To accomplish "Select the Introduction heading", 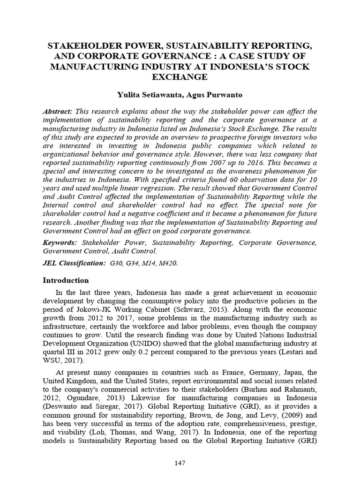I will tap(66, 280).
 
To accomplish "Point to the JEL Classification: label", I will tap(74, 263).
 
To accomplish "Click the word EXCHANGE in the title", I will tap(180, 76).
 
